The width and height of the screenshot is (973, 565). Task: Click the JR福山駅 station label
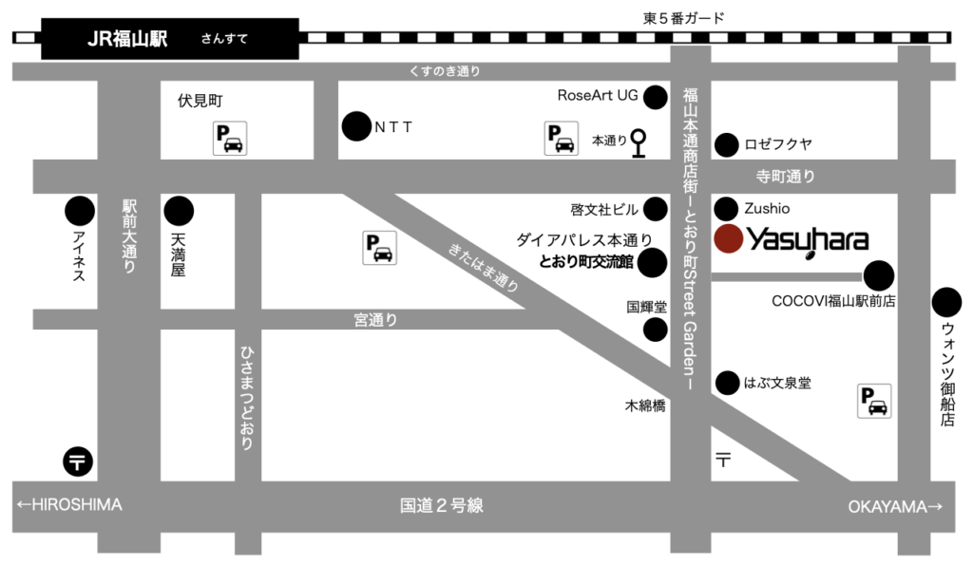pos(127,39)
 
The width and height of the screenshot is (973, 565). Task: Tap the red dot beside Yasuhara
pos(729,238)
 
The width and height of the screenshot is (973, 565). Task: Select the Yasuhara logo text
pos(808,240)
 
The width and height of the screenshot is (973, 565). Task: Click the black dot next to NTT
pos(356,126)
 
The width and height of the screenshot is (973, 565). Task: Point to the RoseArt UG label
pos(598,96)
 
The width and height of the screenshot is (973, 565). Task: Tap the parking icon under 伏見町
pos(230,140)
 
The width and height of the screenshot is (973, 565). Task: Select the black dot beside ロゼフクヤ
pos(727,145)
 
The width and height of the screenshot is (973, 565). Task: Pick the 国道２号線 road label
pos(442,506)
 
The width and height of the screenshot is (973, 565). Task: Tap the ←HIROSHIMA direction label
pos(68,505)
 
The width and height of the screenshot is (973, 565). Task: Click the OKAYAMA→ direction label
pos(895,507)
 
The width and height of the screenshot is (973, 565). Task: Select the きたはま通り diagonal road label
pos(484,269)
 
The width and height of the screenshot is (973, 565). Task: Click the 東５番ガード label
pos(684,17)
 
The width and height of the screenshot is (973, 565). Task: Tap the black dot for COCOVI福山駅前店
pos(879,275)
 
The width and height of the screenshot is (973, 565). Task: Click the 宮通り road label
pos(375,320)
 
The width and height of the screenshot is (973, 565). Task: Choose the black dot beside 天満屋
pos(178,211)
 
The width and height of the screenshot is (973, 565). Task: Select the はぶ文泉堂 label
pos(777,383)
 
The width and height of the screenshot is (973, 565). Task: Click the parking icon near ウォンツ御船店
pos(875,401)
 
